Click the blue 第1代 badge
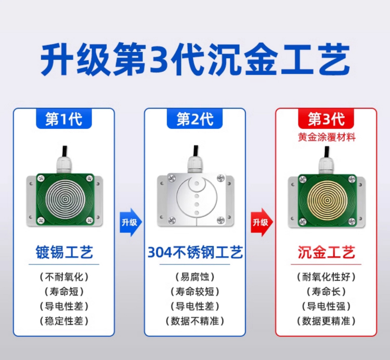coord(64,118)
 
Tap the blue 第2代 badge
coord(195,118)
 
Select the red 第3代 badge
coord(326,118)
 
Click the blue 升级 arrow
coord(131,222)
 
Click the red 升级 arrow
coord(262,222)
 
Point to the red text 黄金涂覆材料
coord(327,137)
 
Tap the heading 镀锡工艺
coord(64,252)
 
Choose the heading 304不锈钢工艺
coord(195,252)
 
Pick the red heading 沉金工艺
coord(326,252)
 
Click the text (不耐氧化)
coord(64,277)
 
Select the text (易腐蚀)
coord(195,277)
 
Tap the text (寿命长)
coord(326,291)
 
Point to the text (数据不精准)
coord(195,321)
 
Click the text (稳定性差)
coord(64,321)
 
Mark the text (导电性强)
coord(326,306)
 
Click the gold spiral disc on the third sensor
coord(327,200)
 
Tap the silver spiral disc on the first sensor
coord(66,199)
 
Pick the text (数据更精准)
coord(326,321)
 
